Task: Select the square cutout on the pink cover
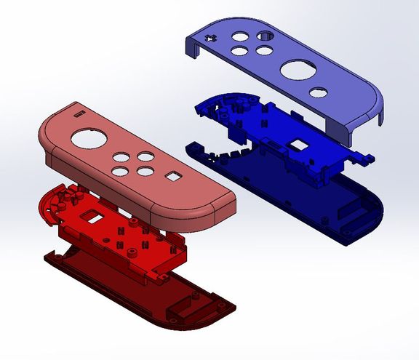click(x=173, y=175)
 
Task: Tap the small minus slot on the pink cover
click(x=78, y=113)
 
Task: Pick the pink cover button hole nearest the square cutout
click(x=147, y=172)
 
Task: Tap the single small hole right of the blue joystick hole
click(x=317, y=92)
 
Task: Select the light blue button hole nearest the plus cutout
click(x=238, y=36)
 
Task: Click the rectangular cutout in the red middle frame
click(x=93, y=216)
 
